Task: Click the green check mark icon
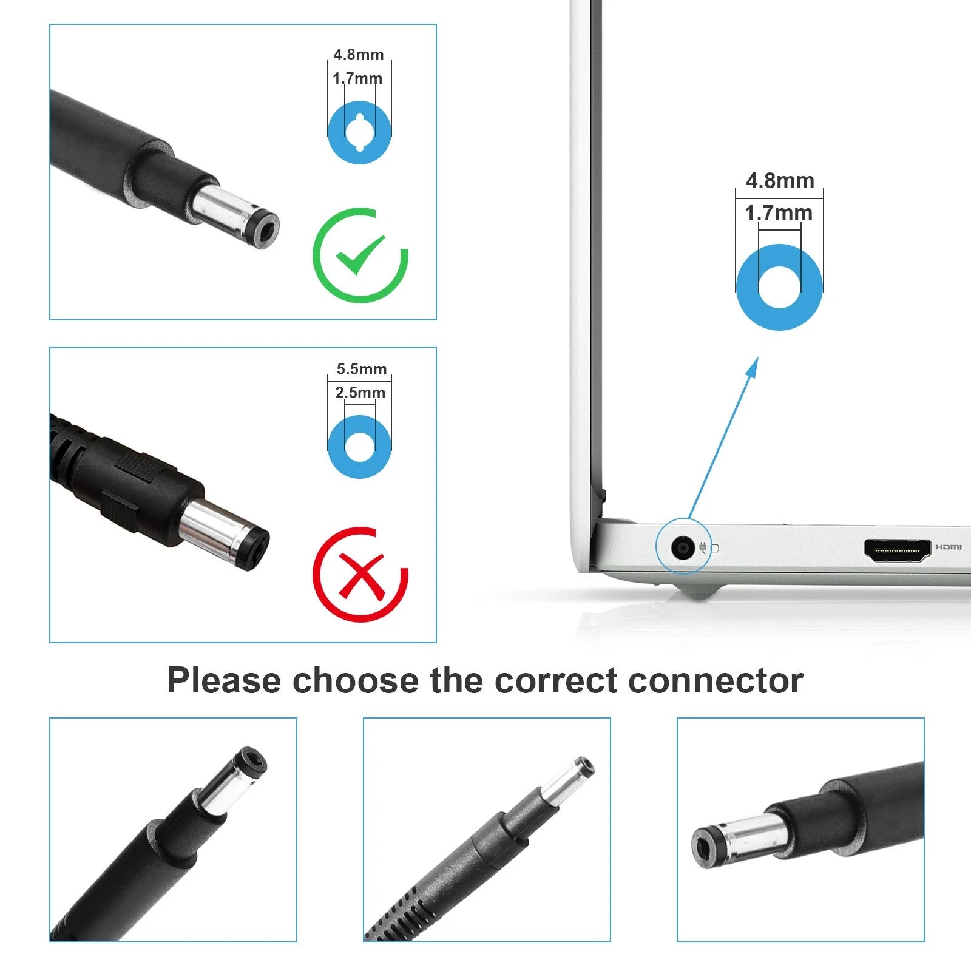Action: pos(360,255)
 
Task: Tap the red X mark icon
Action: pos(360,574)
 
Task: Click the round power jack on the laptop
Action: pos(683,549)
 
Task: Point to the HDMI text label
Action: pos(948,547)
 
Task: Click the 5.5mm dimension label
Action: pos(362,369)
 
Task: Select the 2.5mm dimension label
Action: pos(360,393)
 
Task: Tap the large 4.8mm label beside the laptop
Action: pos(780,181)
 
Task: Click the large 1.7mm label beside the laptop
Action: pos(779,213)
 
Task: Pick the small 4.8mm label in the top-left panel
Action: pos(359,55)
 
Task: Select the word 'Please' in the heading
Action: pos(225,680)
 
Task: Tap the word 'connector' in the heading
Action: pos(716,680)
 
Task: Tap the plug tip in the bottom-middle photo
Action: pos(584,768)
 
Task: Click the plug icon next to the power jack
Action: pos(703,548)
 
